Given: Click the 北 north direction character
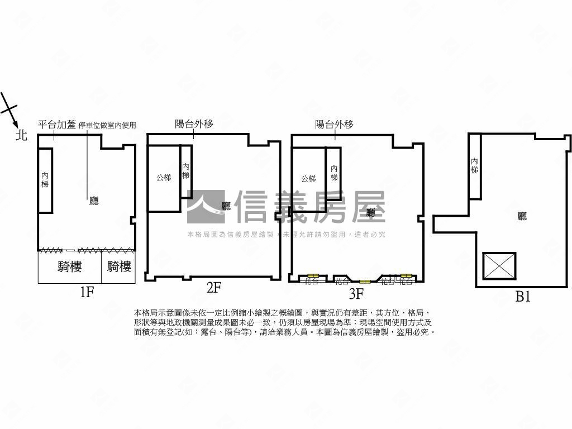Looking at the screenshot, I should pyautogui.click(x=21, y=135).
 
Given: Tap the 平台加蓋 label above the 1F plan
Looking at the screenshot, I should pyautogui.click(x=56, y=125).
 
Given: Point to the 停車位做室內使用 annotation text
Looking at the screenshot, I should pyautogui.click(x=107, y=125).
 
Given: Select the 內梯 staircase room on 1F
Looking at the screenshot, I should pyautogui.click(x=45, y=180).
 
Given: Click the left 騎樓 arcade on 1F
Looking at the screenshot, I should pyautogui.click(x=69, y=267).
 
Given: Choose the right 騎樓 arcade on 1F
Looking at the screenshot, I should pyautogui.click(x=118, y=267).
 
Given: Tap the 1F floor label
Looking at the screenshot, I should pyautogui.click(x=86, y=292).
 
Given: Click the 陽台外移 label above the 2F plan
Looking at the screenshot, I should pyautogui.click(x=194, y=124).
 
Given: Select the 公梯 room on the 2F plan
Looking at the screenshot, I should pyautogui.click(x=163, y=178).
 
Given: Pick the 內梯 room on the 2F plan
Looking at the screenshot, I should pyautogui.click(x=186, y=171).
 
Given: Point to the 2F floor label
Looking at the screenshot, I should pyautogui.click(x=214, y=288).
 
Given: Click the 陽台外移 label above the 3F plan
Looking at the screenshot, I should pyautogui.click(x=334, y=124).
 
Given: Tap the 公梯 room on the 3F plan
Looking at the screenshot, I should pyautogui.click(x=308, y=179).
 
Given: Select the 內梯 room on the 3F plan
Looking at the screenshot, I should pyautogui.click(x=333, y=173).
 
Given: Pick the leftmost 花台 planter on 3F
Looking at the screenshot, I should pyautogui.click(x=311, y=281).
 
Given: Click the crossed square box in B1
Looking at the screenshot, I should pyautogui.click(x=499, y=266).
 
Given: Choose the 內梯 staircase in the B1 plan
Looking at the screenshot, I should pyautogui.click(x=474, y=166).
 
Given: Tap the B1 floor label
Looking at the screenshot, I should pyautogui.click(x=522, y=297).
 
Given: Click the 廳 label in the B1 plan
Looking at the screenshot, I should pyautogui.click(x=522, y=216).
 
